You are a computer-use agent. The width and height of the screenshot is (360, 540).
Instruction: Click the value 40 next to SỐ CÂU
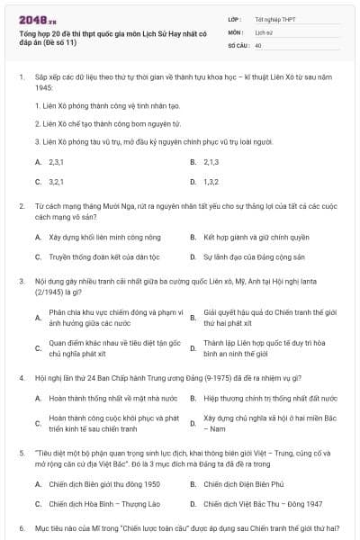coord(258,44)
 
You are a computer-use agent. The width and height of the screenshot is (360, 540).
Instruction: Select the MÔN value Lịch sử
coord(263,31)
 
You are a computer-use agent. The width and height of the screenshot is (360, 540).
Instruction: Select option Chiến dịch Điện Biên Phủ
coord(238,484)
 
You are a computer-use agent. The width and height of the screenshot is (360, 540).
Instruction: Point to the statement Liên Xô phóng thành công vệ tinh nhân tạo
coord(108,104)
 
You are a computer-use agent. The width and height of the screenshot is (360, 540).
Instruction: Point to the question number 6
coord(21,528)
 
